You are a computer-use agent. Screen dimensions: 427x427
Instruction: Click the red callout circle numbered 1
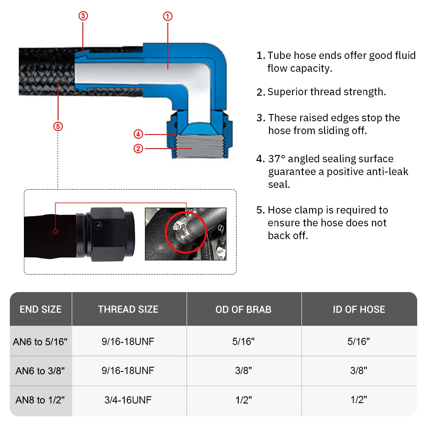[x=168, y=16]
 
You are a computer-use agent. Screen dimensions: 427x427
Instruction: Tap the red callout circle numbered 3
[x=83, y=16]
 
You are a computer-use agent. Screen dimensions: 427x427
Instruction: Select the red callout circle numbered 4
[x=138, y=134]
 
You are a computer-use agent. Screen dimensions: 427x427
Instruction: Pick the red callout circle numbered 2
[x=138, y=149]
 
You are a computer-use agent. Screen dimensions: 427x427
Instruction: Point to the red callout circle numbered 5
[x=58, y=126]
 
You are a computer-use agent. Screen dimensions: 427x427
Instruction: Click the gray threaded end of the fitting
[x=192, y=147]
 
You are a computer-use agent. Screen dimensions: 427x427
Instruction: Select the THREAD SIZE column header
[x=128, y=310]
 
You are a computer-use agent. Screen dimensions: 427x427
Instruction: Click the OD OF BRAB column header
[x=243, y=310]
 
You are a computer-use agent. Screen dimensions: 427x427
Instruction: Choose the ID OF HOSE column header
[x=359, y=310]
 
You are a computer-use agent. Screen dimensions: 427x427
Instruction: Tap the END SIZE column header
[x=41, y=310]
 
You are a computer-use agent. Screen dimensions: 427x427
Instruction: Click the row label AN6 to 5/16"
[x=41, y=341]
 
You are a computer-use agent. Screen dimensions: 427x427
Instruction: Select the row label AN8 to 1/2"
[x=41, y=400]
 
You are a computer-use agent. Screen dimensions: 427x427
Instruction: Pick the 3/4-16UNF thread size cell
[x=128, y=400]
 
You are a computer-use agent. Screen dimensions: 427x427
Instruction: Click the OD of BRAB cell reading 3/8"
[x=243, y=371]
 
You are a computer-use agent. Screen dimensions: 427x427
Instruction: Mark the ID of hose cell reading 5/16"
[x=359, y=341]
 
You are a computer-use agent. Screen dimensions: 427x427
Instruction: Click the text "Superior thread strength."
[x=327, y=92]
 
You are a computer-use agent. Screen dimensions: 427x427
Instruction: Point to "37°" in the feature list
[x=277, y=159]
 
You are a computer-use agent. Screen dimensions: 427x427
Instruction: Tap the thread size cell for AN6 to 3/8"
[x=128, y=371]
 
